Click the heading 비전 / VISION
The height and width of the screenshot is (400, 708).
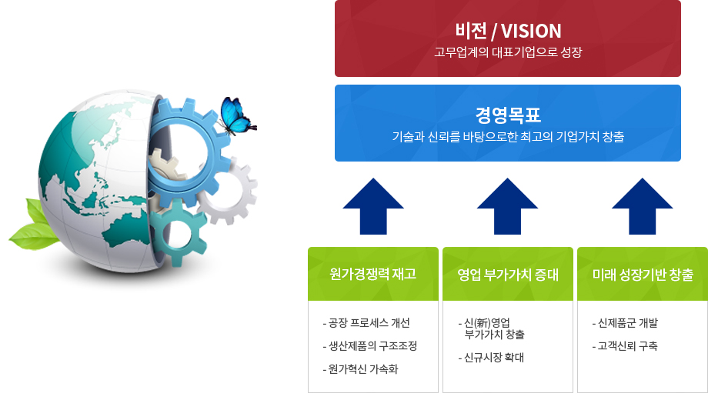(508, 31)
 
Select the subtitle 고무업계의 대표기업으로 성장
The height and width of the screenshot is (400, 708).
(508, 52)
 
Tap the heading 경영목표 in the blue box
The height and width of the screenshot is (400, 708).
(508, 115)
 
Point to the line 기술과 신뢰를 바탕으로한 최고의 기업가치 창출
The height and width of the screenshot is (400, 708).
(508, 136)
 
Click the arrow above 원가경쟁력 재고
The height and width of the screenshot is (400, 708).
(373, 206)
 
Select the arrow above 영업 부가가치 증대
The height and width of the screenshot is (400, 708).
(507, 206)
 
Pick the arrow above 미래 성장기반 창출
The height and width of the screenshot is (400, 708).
(642, 206)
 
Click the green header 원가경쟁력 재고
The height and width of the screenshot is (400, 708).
(373, 274)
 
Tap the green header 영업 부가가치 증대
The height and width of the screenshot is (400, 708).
(508, 274)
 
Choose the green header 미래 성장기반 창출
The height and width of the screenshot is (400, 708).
(643, 274)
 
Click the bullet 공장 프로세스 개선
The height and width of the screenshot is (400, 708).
(366, 323)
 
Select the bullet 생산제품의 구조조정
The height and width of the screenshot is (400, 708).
(370, 346)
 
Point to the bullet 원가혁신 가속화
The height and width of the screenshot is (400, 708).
(360, 369)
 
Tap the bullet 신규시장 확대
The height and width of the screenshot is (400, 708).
(491, 358)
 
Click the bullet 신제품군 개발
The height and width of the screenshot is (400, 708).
(625, 323)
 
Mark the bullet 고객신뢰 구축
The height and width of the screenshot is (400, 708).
(625, 346)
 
